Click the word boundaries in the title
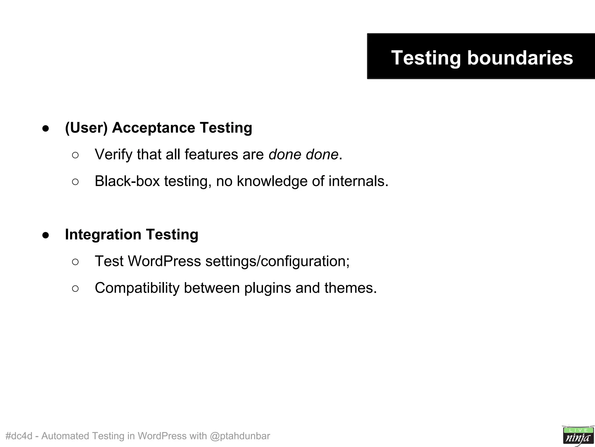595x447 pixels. point(520,58)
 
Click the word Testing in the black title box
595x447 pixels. point(426,58)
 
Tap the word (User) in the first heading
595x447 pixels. point(86,128)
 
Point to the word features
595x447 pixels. point(211,155)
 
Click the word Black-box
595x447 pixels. point(127,181)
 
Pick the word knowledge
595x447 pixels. point(272,181)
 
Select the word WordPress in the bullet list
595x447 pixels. point(164,261)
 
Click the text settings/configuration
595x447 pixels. point(277,261)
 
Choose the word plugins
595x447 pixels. point(268,288)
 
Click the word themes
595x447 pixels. point(350,288)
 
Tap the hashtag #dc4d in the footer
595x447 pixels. point(19,436)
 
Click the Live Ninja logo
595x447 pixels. point(578,435)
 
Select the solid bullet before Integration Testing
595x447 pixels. point(46,235)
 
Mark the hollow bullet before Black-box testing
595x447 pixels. point(75,182)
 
